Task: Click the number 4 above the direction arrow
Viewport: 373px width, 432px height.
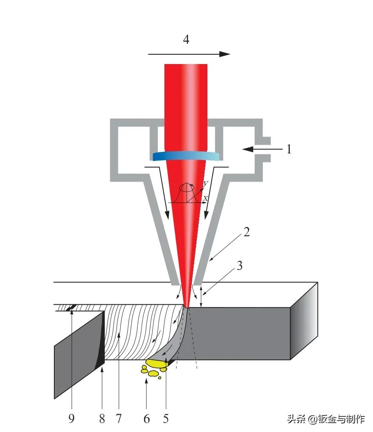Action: [x=186, y=39]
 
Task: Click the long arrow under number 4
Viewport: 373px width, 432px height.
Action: [x=189, y=54]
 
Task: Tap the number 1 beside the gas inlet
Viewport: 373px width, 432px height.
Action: [x=289, y=149]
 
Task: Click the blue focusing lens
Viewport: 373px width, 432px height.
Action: [x=186, y=156]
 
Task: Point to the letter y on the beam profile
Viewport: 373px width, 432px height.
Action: [x=205, y=183]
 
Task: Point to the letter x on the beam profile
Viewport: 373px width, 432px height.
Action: [x=205, y=198]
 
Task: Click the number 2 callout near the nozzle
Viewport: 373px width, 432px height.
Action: [x=246, y=232]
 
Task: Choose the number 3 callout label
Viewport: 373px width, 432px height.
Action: [x=239, y=266]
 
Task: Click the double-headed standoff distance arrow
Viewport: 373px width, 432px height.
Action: [x=201, y=297]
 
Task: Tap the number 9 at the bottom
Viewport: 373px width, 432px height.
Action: [x=71, y=419]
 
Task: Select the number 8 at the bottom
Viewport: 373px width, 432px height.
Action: [x=102, y=419]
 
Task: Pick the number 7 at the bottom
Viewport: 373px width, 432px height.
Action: [x=119, y=419]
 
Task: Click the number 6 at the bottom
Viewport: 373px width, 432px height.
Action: [x=146, y=419]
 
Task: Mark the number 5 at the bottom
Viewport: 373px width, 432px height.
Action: [x=166, y=419]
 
